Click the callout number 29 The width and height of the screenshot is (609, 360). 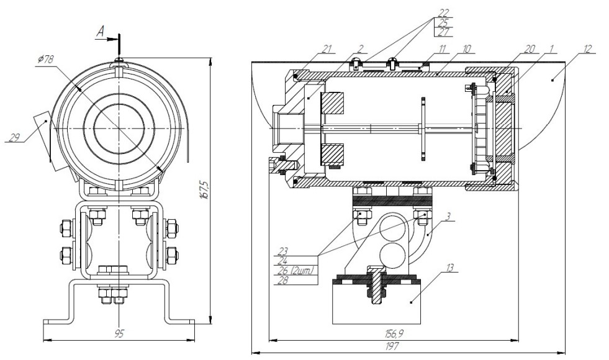coord(14,137)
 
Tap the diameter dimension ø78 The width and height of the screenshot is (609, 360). coord(46,60)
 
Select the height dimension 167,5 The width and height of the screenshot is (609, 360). coord(205,189)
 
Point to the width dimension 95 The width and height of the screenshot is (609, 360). coord(119,333)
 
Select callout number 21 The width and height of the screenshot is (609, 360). coord(327,48)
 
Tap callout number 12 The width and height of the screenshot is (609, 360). coord(587,48)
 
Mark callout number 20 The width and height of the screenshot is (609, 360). coord(530,48)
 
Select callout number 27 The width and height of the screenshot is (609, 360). coord(443,32)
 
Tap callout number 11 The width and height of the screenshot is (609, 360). coord(443,48)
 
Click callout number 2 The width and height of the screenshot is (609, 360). coord(360,48)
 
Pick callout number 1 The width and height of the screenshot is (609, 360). coord(551,48)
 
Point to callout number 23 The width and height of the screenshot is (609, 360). coord(284,251)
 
